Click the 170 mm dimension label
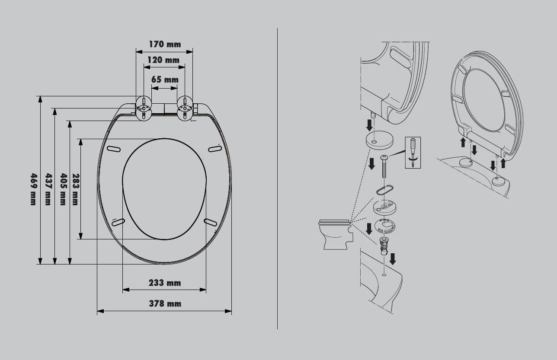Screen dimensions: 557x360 (x=165, y=44)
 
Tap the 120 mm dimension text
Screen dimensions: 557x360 (x=163, y=60)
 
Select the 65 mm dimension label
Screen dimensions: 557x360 (x=165, y=80)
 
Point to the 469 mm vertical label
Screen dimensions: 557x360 (x=33, y=189)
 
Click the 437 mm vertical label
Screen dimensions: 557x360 (x=48, y=189)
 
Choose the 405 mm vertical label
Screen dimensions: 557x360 (x=63, y=189)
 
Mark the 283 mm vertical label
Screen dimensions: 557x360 (x=76, y=189)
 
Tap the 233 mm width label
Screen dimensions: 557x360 (x=165, y=283)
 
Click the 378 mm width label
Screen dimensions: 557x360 (x=165, y=303)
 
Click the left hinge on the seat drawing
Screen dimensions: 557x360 (x=144, y=108)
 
